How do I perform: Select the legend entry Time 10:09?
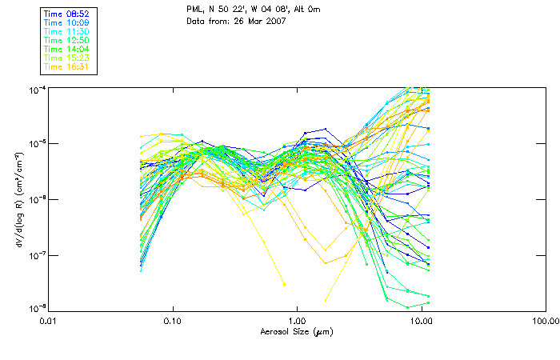[x=67, y=23]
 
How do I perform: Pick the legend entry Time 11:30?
[x=67, y=31]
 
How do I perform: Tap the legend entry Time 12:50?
[x=67, y=40]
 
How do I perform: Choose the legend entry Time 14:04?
[x=67, y=49]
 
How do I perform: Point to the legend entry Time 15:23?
[x=67, y=58]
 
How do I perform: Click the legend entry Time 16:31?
[x=67, y=66]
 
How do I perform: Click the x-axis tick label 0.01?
[x=49, y=322]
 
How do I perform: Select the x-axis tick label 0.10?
[x=173, y=322]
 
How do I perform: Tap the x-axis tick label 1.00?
[x=298, y=322]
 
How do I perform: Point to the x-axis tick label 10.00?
[x=422, y=322]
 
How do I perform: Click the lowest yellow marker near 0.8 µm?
[x=283, y=284]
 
